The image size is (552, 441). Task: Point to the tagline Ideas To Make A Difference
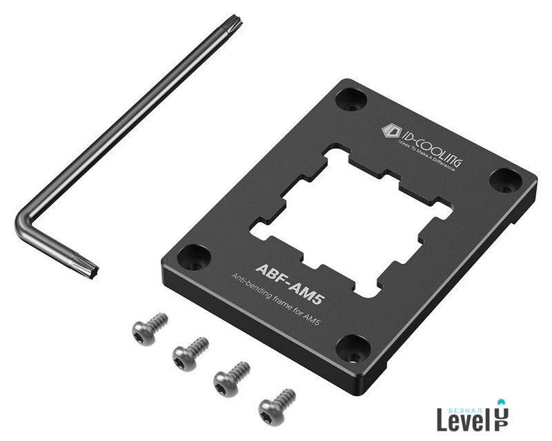point(426,155)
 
